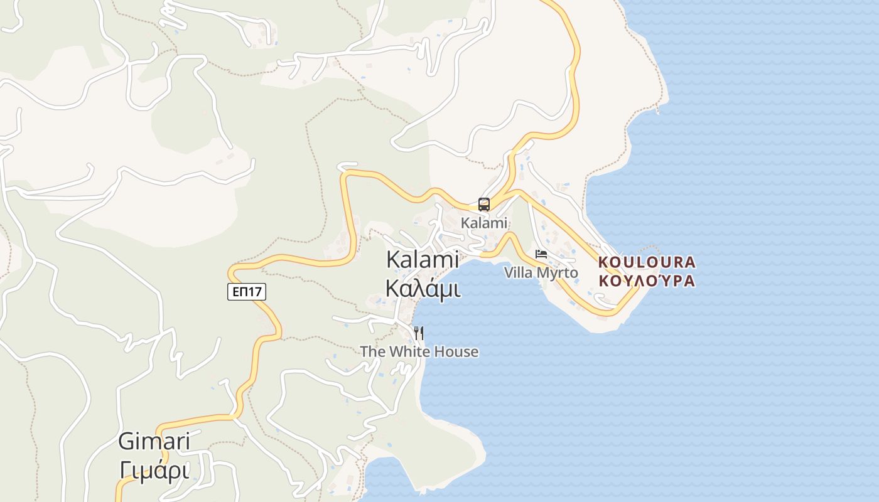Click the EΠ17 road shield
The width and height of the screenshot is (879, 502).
tap(247, 291)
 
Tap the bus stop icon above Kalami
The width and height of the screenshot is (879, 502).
tap(483, 204)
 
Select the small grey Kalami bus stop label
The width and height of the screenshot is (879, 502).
tap(483, 223)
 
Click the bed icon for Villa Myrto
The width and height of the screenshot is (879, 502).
tap(541, 254)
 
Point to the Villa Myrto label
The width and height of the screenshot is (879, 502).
tap(541, 273)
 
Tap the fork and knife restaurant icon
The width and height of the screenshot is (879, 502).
tap(419, 333)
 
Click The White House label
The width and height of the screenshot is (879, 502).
tap(419, 352)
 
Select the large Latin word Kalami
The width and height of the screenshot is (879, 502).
tap(423, 259)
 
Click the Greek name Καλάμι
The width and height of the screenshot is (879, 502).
tap(423, 289)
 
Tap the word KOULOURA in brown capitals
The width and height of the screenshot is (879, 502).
tap(647, 262)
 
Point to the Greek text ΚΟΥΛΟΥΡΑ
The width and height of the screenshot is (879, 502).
tap(647, 280)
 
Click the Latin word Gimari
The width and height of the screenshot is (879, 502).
tap(154, 442)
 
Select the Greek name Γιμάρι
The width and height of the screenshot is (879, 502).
tap(154, 470)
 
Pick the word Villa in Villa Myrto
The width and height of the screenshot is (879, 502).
tap(519, 273)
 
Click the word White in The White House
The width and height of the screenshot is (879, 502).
tap(409, 352)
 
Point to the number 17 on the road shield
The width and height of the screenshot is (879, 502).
tap(256, 291)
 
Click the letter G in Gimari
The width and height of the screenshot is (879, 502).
tap(126, 442)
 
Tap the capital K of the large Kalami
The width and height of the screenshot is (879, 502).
tap(392, 259)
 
